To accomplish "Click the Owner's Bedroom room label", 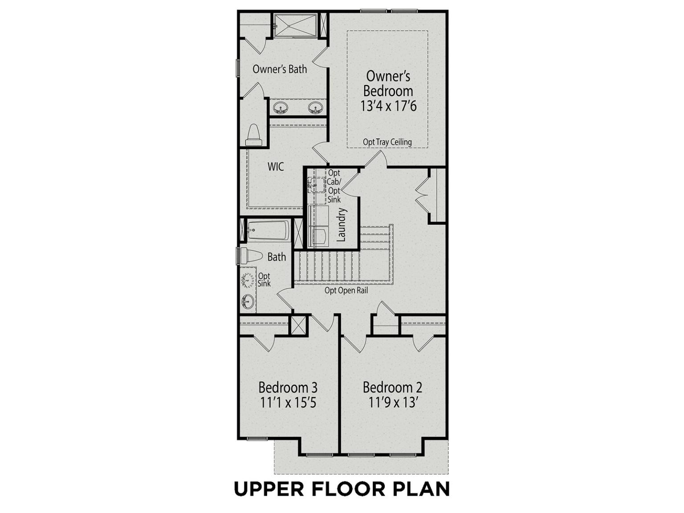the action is pyautogui.click(x=388, y=84).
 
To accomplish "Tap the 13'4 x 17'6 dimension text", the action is pyautogui.click(x=388, y=106).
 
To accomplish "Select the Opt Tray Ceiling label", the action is pyautogui.click(x=387, y=142).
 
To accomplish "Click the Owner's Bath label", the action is pyautogui.click(x=280, y=69).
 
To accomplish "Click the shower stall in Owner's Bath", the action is pyautogui.click(x=295, y=25).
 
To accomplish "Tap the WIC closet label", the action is pyautogui.click(x=276, y=167).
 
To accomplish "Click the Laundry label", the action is pyautogui.click(x=342, y=225).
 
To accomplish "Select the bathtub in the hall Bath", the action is pyautogui.click(x=269, y=231).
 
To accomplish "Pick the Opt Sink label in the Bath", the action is pyautogui.click(x=264, y=279).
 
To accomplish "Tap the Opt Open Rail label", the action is pyautogui.click(x=346, y=291).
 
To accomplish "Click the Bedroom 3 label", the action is pyautogui.click(x=288, y=388).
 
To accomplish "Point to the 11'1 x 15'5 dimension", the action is pyautogui.click(x=288, y=403).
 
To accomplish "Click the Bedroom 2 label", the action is pyautogui.click(x=393, y=387).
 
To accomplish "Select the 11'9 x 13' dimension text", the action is pyautogui.click(x=393, y=403).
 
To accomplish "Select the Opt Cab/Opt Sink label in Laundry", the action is pyautogui.click(x=334, y=186).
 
